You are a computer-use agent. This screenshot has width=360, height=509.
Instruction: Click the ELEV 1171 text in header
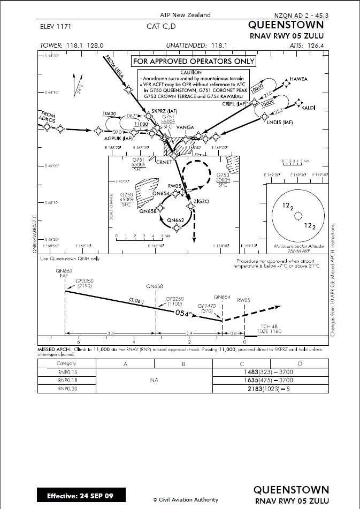point(56,26)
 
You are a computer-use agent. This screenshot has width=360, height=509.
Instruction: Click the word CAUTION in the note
point(190,72)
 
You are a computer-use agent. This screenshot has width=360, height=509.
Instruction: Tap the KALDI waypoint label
point(309,108)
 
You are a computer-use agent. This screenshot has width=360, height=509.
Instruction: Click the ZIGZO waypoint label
point(202,201)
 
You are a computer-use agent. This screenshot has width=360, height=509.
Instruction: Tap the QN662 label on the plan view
point(175,220)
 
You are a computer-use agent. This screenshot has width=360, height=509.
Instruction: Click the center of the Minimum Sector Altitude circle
point(298,216)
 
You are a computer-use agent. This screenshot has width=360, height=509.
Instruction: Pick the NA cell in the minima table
point(154,381)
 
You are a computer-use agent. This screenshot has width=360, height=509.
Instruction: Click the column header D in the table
point(300,363)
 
